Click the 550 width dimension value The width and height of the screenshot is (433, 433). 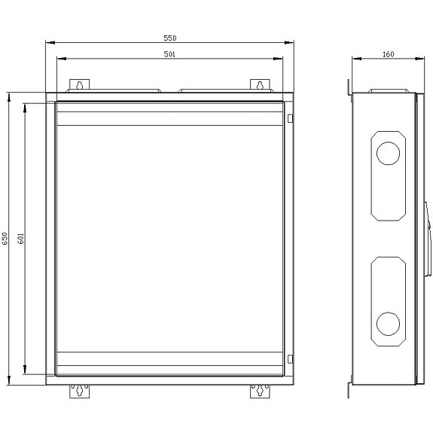[x=170, y=38]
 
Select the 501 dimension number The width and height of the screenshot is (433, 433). [x=170, y=53]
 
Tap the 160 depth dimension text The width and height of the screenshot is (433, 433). [x=389, y=53]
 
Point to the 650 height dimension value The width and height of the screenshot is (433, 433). [x=5, y=239]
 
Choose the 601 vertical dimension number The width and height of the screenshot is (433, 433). [x=21, y=239]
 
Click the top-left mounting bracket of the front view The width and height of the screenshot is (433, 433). [x=78, y=85]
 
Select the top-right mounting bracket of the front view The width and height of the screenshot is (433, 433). [x=258, y=85]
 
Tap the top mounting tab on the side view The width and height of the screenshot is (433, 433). [x=349, y=87]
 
